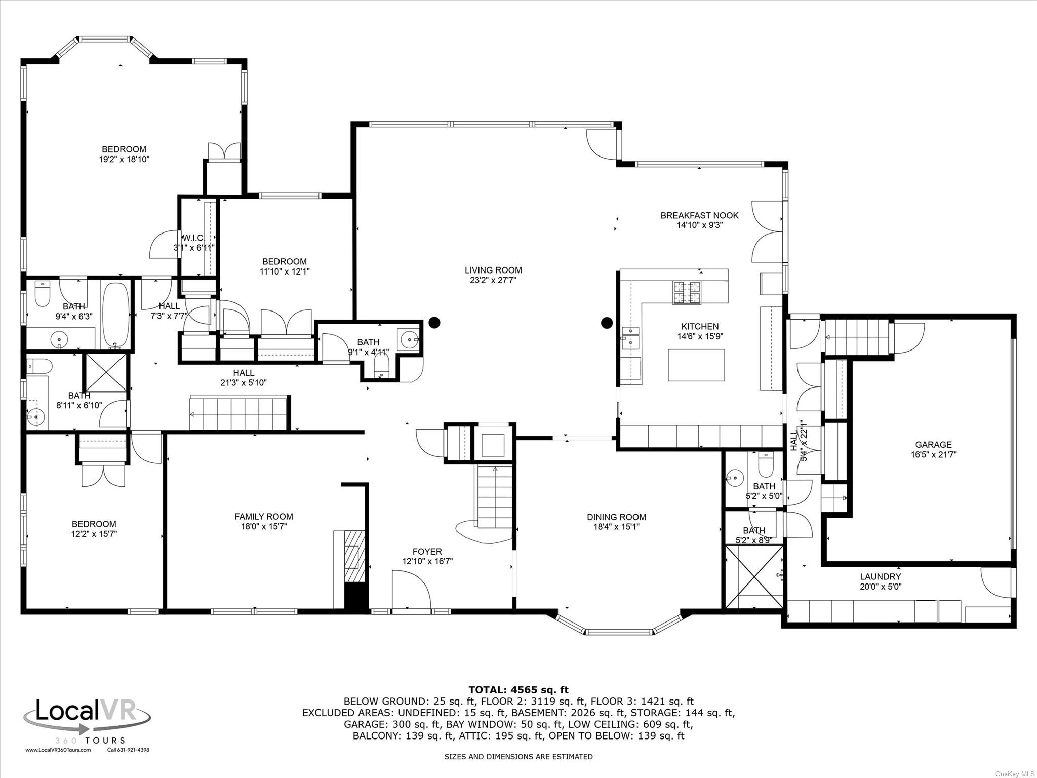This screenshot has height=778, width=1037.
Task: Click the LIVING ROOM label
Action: click(493, 270)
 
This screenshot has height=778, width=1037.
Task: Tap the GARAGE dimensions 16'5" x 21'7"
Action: click(933, 455)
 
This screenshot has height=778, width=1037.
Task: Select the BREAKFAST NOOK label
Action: click(699, 215)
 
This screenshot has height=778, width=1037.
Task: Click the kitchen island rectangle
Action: click(696, 365)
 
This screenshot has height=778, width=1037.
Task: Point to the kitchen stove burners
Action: click(686, 292)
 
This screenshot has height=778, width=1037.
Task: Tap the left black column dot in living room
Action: click(434, 322)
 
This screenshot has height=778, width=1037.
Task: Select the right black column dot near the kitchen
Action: click(606, 322)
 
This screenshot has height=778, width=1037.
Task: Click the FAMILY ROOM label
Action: click(263, 517)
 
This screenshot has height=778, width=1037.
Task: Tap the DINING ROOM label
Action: click(616, 517)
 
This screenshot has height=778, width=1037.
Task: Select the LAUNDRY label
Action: click(881, 576)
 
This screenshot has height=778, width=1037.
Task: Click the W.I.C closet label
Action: click(193, 238)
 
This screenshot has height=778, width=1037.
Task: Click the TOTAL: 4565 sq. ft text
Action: click(518, 690)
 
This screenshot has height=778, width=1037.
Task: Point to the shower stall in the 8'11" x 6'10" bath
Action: click(106, 372)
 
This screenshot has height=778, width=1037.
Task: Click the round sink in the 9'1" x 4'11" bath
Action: click(408, 339)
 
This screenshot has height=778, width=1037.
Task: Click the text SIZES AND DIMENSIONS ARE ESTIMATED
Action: click(518, 757)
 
